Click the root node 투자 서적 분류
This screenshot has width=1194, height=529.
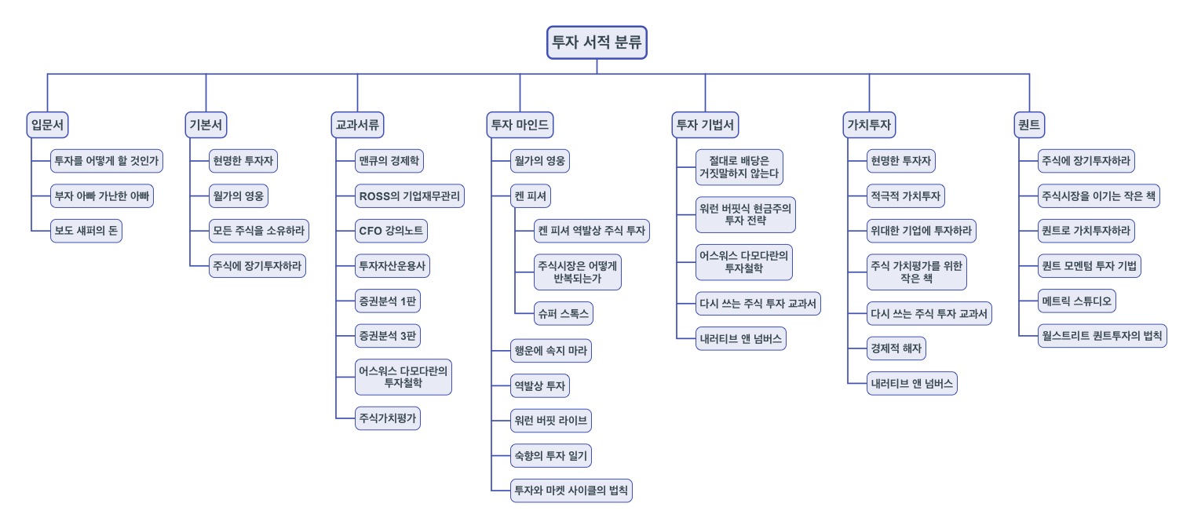(x=597, y=42)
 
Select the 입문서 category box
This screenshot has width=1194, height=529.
(x=47, y=125)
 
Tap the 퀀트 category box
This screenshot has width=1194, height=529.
(x=1029, y=125)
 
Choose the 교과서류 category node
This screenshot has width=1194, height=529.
(x=357, y=125)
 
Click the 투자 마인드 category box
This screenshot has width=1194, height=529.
(x=520, y=125)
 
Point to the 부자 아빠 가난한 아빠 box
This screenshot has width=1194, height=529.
(x=101, y=196)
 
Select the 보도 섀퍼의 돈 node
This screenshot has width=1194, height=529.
(x=86, y=232)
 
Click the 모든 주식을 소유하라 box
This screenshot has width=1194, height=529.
(x=259, y=232)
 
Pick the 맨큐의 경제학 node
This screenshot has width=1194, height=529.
(x=389, y=162)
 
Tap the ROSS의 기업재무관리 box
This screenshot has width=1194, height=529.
(x=409, y=196)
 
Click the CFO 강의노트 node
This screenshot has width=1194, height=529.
(x=392, y=232)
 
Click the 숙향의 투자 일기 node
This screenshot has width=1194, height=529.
(x=551, y=455)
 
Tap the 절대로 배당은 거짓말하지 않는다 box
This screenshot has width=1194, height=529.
(x=739, y=167)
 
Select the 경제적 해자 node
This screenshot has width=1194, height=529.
(x=897, y=346)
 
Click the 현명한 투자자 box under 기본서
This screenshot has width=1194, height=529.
(x=243, y=162)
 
